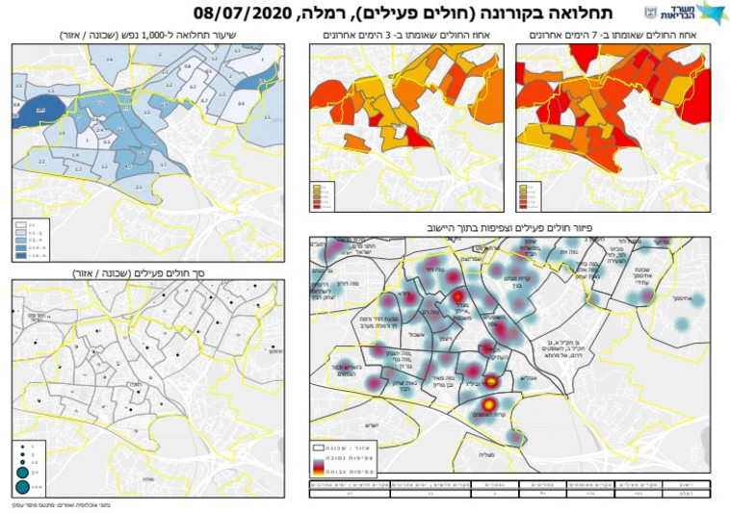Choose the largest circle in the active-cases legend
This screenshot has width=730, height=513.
coord(22,486)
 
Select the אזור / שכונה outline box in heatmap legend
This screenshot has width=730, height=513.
coord(319,449)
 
